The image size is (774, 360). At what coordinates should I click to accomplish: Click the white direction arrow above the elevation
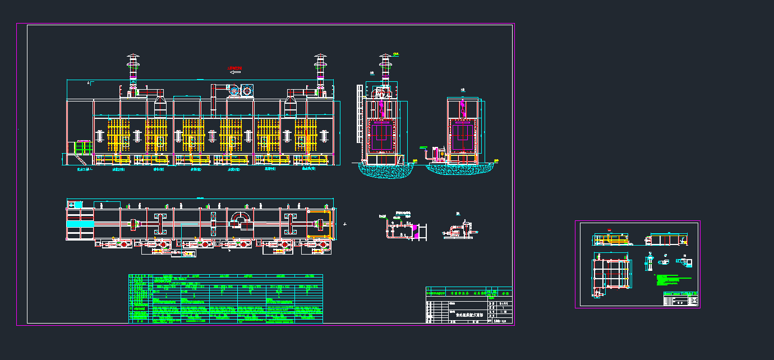236,72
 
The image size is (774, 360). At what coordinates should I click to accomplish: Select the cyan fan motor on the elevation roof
247,90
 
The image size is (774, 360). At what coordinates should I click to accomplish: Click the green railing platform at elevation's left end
83,148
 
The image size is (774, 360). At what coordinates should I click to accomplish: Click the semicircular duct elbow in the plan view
241,217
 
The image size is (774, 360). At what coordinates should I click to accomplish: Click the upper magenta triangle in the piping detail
414,225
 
